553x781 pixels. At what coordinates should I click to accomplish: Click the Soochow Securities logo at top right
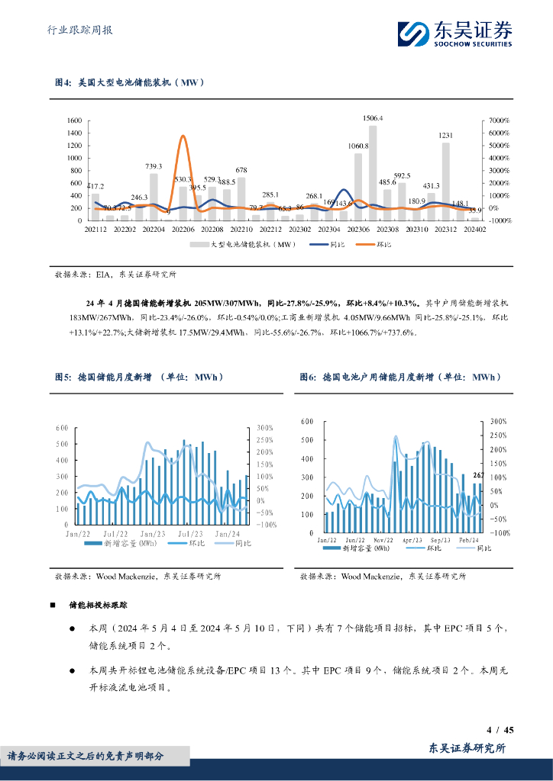[456, 34]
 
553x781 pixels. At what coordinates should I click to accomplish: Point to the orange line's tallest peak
[183, 137]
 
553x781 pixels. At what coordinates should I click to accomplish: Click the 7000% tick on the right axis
[500, 121]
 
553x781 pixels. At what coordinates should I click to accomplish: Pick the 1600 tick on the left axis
[74, 121]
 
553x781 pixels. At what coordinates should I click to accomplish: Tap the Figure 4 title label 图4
[63, 82]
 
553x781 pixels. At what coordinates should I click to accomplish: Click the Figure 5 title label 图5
[63, 377]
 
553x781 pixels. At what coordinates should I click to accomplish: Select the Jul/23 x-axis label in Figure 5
[187, 533]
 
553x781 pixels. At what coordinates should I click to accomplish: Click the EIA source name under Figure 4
[105, 274]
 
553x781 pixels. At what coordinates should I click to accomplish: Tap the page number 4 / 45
[500, 730]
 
